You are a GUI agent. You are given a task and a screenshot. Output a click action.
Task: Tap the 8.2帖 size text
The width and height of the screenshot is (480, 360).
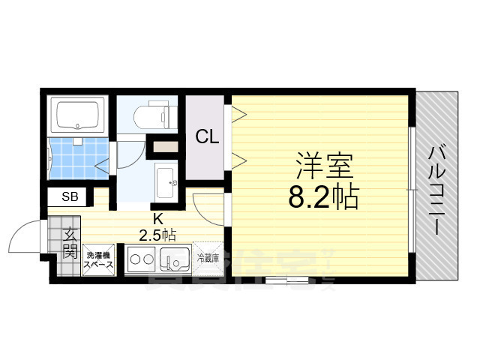(323, 196)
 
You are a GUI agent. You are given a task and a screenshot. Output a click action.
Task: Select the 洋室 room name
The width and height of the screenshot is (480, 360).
(324, 163)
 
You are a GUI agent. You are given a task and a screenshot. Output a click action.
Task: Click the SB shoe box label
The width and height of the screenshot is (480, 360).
(69, 197)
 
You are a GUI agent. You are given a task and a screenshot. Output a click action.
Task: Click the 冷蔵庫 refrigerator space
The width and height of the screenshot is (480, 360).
(208, 258)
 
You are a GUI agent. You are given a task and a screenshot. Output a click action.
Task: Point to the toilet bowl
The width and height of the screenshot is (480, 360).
(154, 115)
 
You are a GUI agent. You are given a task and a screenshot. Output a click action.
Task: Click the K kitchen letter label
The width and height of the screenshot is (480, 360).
(157, 219)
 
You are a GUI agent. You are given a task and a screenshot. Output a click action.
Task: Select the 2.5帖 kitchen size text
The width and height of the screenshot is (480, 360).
(157, 235)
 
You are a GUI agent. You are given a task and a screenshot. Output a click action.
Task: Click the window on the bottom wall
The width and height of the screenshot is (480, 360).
(285, 281)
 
